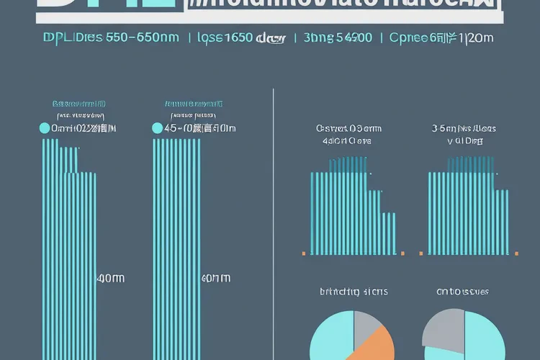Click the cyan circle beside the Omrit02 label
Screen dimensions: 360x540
45,129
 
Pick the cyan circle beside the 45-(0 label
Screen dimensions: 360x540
158,129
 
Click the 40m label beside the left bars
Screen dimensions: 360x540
110,278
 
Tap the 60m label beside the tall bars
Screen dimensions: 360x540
216,278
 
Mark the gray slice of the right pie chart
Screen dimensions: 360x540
441,328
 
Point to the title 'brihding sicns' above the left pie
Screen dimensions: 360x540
354,292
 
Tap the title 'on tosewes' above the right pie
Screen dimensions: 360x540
463,292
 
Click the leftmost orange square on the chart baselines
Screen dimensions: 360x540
304,253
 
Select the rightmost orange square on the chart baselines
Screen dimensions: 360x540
516,253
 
